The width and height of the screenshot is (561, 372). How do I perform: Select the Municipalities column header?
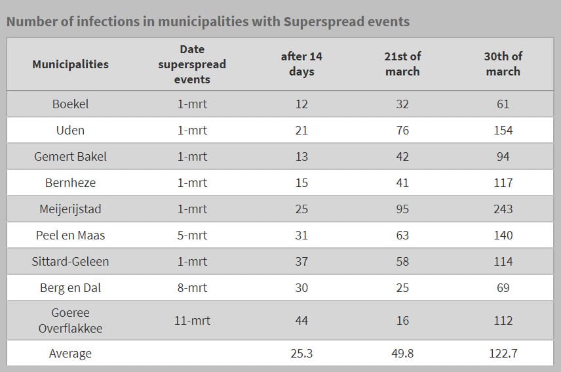[x=71, y=64]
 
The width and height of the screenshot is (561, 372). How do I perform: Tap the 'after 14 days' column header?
[x=301, y=64]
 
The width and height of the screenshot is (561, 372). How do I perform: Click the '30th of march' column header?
[x=503, y=64]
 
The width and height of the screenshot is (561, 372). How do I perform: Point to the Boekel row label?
[x=71, y=104]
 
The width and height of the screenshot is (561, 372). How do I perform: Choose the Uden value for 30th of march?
[x=503, y=131]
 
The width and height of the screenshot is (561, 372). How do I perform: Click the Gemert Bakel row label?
[x=71, y=156]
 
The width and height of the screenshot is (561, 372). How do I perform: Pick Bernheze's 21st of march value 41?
[x=402, y=182]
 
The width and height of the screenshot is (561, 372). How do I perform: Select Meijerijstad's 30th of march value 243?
[x=503, y=209]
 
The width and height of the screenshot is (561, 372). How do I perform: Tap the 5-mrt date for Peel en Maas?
[x=192, y=236]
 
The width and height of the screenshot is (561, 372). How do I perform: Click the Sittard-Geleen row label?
[x=71, y=261]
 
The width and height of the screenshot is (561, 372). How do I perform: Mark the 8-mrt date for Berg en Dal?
[x=192, y=287]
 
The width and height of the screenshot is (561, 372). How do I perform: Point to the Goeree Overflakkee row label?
[x=71, y=320]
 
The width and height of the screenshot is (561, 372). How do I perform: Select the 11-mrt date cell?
[x=192, y=320]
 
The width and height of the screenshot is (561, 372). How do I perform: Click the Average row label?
[x=71, y=354]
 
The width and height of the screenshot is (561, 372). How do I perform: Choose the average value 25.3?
[x=301, y=354]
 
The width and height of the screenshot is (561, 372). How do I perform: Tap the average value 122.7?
[x=503, y=354]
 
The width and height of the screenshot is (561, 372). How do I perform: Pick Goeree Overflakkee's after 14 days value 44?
[x=301, y=320]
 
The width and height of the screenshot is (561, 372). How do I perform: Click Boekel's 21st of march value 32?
[x=402, y=104]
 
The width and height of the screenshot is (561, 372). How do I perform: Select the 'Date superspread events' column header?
[x=192, y=64]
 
